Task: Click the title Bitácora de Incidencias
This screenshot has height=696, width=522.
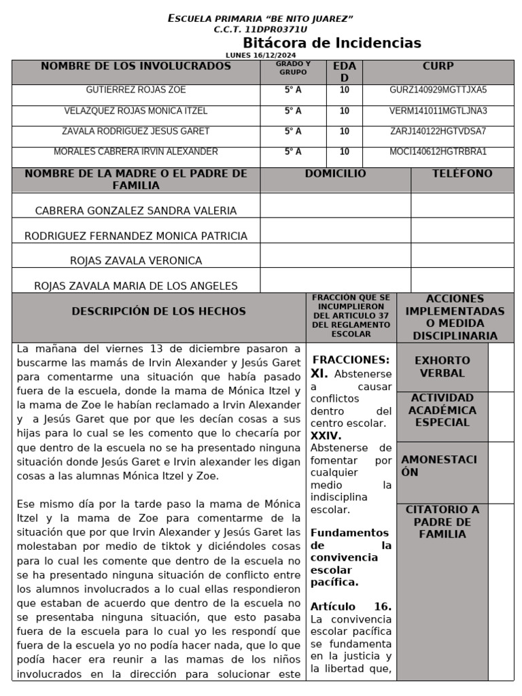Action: point(332,43)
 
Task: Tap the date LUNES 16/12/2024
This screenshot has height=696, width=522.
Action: point(261,55)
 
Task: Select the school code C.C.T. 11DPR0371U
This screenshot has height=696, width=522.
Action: point(260,29)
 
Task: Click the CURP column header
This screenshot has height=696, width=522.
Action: point(438,67)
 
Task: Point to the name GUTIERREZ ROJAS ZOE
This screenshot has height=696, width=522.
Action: point(136,90)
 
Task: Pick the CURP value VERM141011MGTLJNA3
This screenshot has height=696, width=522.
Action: point(438,111)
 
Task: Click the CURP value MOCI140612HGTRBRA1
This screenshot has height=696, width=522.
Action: point(438,152)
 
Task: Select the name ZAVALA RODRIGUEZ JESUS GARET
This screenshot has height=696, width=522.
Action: point(136,131)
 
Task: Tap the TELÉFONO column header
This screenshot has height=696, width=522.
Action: point(462,174)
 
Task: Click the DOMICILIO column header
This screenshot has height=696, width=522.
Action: point(335,174)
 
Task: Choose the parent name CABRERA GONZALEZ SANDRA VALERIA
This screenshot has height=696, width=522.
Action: point(136,211)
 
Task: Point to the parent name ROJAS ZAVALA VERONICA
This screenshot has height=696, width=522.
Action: point(136,260)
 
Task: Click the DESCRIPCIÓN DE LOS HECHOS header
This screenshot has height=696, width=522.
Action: point(158,311)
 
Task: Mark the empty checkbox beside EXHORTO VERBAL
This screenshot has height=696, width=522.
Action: point(501,366)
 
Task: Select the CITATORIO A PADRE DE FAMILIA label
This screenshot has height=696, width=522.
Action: point(442,522)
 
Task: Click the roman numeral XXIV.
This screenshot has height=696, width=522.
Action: point(326,436)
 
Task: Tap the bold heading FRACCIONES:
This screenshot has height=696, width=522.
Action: point(351,360)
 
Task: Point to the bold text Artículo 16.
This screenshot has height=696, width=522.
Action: point(351,606)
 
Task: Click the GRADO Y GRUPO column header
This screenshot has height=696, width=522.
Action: point(293,67)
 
